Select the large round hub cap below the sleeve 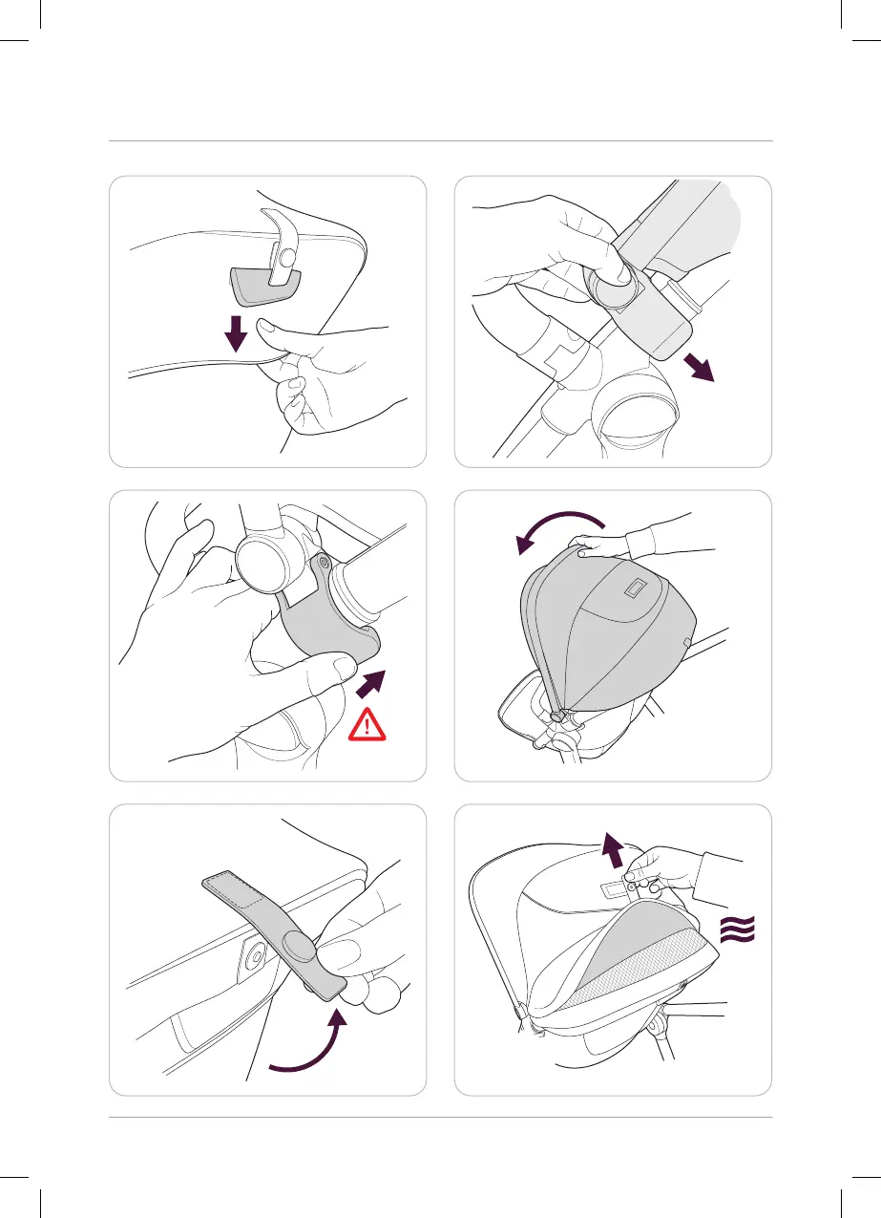tap(638, 412)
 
